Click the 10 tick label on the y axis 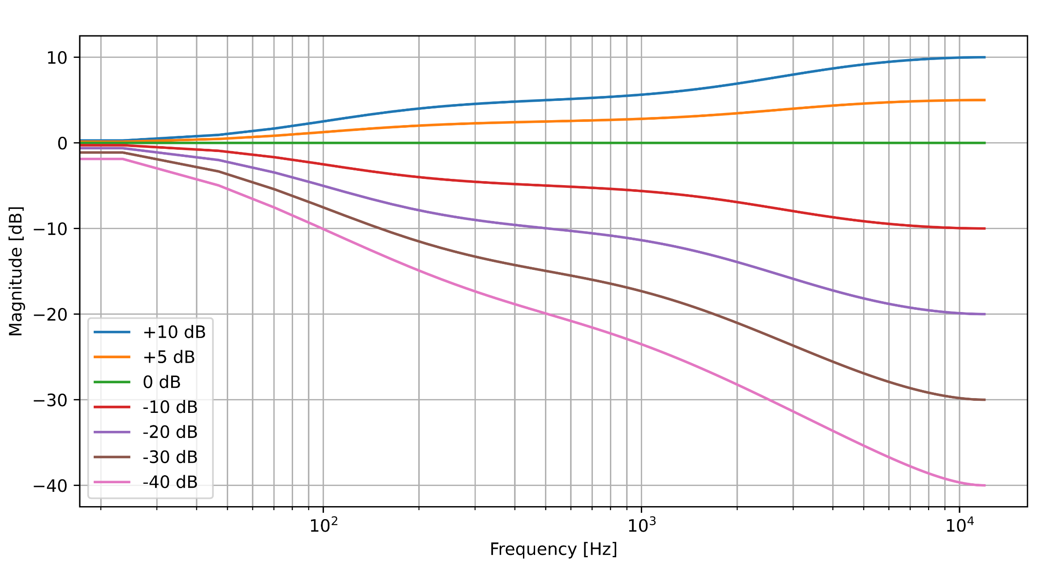(57, 58)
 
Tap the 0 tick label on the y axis (62, 143)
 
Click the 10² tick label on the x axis (323, 525)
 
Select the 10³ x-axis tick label (641, 525)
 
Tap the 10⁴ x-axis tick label (959, 525)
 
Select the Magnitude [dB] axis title (16, 271)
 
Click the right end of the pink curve (985, 486)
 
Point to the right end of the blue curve (985, 57)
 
